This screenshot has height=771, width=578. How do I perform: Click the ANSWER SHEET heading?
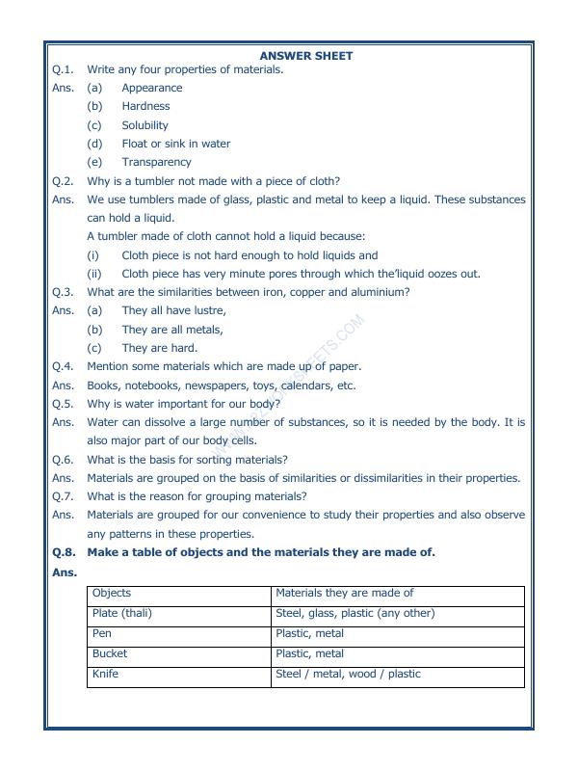click(305, 56)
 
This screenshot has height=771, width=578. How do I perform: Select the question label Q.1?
click(63, 69)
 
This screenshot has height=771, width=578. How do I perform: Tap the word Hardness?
click(145, 106)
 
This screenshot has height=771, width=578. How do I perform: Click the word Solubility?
click(144, 125)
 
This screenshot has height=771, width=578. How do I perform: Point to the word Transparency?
click(156, 162)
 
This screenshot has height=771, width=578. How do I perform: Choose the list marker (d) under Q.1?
click(94, 144)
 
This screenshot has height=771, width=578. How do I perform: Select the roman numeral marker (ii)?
click(93, 274)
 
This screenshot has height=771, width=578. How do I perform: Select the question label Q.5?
click(63, 404)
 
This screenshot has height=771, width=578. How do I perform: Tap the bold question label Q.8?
click(63, 552)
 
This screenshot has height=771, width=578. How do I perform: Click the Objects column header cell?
click(179, 595)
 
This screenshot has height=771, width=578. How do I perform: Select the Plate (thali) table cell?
click(179, 614)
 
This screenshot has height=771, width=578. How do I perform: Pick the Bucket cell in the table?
click(179, 654)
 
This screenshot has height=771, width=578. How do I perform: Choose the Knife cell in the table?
click(179, 675)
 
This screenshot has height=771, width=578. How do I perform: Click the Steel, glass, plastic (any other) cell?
click(398, 614)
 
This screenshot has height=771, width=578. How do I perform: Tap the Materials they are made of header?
click(398, 595)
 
